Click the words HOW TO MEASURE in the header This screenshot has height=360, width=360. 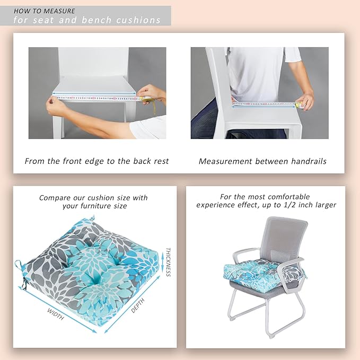45,11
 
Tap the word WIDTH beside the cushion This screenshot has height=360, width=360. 56,314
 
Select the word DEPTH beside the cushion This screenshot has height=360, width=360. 138,305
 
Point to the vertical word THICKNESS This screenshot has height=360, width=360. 168,262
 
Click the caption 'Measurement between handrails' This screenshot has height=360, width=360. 262,161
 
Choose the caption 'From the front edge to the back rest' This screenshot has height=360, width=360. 96,161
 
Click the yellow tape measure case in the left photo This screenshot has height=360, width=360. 145,100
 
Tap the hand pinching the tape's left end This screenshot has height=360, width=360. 55,105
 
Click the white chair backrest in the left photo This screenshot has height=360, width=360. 93,63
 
